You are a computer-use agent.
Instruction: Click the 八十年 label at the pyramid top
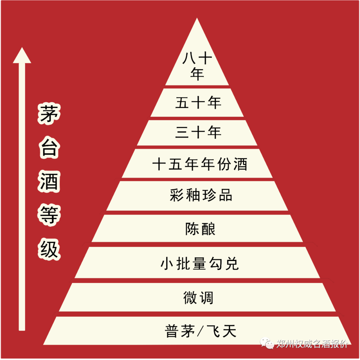click(x=197, y=66)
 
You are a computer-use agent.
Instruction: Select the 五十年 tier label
click(x=198, y=103)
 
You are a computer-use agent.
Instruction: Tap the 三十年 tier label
click(x=198, y=133)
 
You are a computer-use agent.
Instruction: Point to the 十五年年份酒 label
click(x=200, y=164)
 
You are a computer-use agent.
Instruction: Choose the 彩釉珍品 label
click(x=201, y=195)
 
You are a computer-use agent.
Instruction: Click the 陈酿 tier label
click(x=200, y=229)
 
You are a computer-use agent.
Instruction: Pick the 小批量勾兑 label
click(x=200, y=264)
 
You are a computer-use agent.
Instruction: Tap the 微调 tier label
click(x=198, y=297)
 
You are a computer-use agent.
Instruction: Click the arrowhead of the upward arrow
click(x=22, y=56)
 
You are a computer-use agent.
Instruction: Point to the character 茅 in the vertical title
click(x=49, y=114)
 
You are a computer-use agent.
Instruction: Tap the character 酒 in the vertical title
click(x=49, y=182)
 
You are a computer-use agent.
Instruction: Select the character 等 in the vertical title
click(x=49, y=215)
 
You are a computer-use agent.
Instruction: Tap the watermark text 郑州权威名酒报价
click(x=312, y=343)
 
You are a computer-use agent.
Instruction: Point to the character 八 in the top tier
click(x=188, y=59)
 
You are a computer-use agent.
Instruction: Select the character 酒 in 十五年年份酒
click(x=240, y=164)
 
